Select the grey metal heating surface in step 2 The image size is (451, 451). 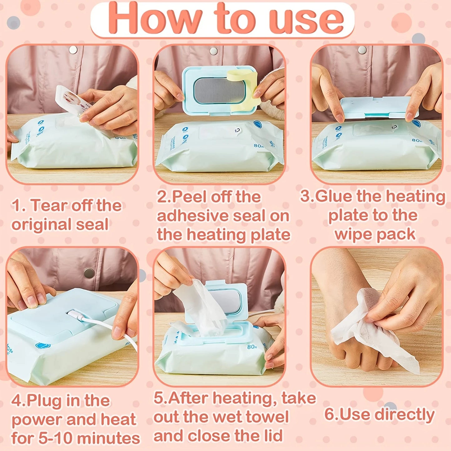(x=218, y=91)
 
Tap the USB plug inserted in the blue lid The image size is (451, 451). (x=76, y=315)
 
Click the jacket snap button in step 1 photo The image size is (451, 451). (x=73, y=49)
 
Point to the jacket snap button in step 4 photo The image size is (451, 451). (x=89, y=272)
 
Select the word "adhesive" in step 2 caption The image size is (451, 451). (x=192, y=216)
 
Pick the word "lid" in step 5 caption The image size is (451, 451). (x=272, y=436)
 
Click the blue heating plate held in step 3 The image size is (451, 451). (x=378, y=108)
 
